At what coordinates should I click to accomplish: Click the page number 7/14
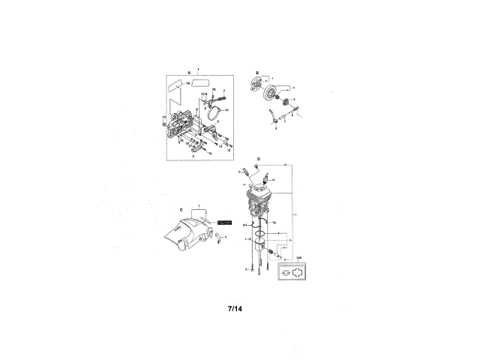[235, 307]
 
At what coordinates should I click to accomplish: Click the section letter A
[178, 73]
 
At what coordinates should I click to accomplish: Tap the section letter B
[256, 73]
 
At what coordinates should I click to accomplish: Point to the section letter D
[258, 159]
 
